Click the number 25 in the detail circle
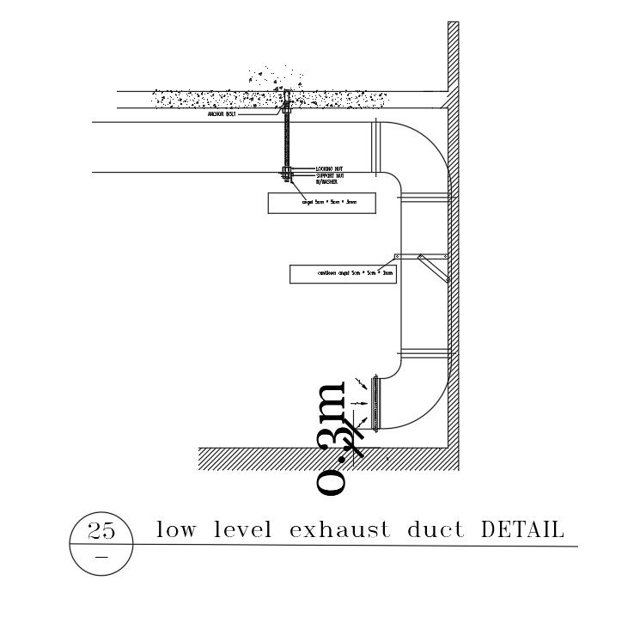pos(101,531)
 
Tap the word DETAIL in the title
pos(522,530)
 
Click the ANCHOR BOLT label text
pos(224,113)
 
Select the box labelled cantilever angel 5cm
pos(343,274)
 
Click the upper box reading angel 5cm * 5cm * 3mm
pos(323,203)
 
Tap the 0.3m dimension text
pos(332,438)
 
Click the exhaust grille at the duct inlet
pos(375,401)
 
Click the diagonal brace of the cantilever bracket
pos(433,267)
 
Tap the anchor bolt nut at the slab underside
pos(286,109)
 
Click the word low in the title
pos(173,530)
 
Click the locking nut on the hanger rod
pos(286,168)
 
